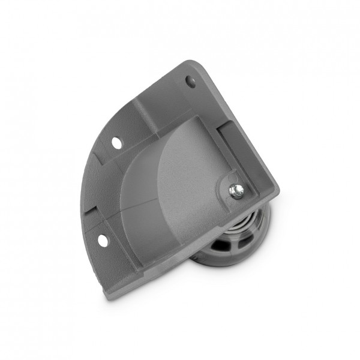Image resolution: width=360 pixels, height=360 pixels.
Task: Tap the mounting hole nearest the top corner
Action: [x=190, y=81]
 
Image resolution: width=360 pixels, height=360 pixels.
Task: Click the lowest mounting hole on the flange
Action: [x=103, y=241]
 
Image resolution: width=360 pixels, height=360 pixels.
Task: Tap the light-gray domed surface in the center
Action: [x=186, y=174]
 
